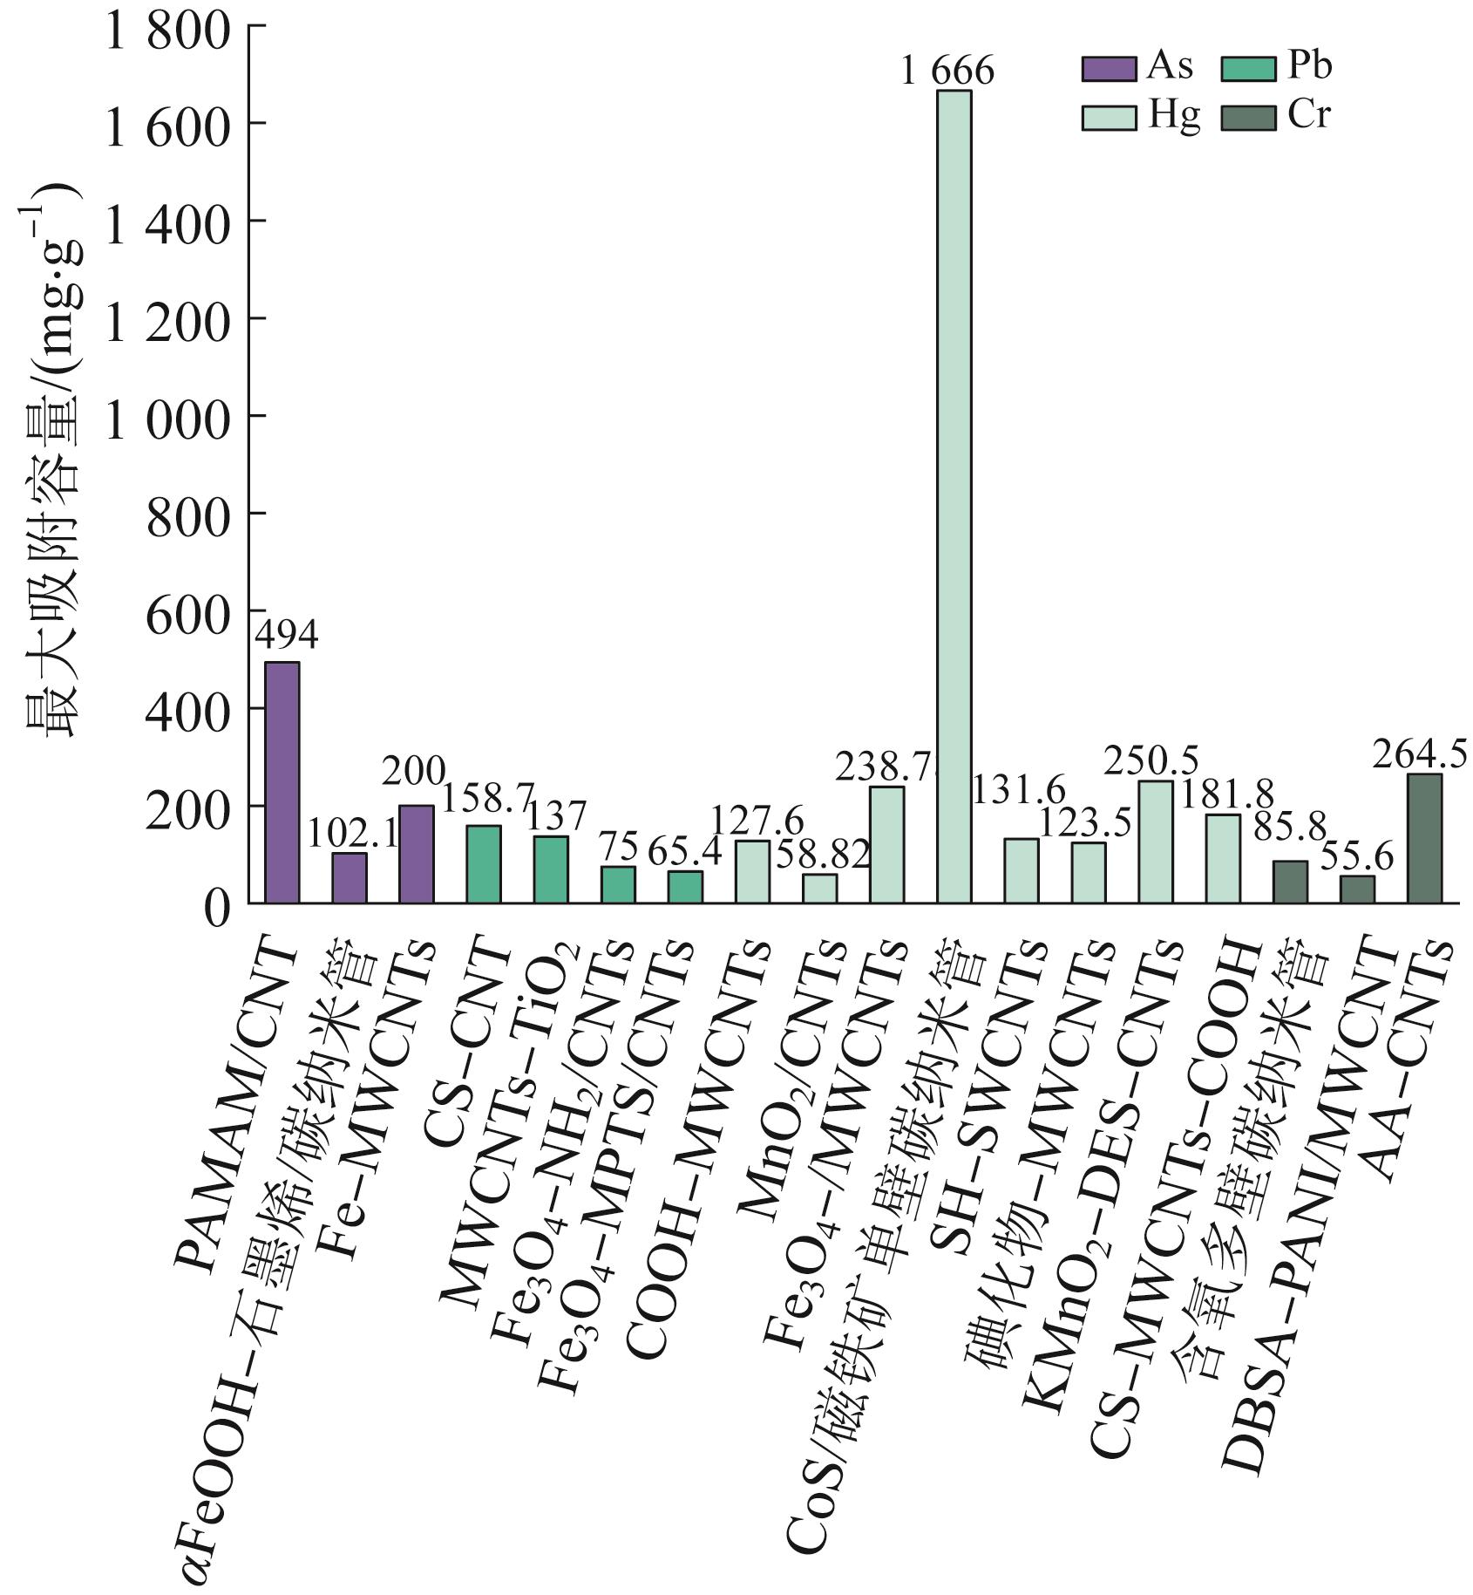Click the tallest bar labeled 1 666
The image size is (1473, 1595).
coord(954,497)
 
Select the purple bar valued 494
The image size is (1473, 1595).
coord(282,782)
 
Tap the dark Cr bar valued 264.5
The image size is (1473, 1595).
coord(1423,838)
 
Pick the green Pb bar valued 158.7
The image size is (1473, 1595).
coord(483,864)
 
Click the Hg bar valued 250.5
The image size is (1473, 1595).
coord(1155,842)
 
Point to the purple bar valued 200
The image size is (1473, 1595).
coord(416,854)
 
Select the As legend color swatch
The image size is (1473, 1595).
coord(1109,69)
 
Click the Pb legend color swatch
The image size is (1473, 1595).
coord(1249,69)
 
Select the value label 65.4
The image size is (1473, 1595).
coord(685,851)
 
